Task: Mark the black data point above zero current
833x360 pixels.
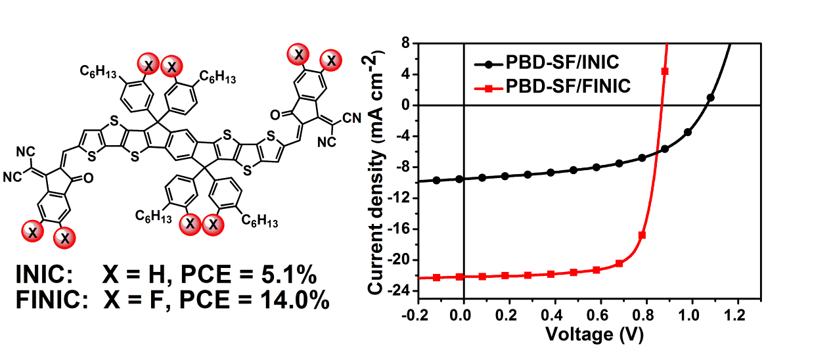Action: click(x=710, y=98)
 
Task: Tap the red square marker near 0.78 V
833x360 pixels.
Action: click(x=642, y=235)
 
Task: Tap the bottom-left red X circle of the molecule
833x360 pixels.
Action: click(x=31, y=230)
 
